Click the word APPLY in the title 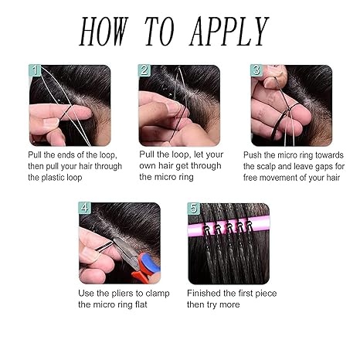point(229,32)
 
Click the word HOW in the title point(104,32)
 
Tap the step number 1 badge point(35,70)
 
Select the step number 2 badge point(144,70)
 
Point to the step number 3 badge point(256,70)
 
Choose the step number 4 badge point(85,208)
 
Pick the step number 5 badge point(194,208)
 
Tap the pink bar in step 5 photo point(229,226)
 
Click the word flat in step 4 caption point(141,304)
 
